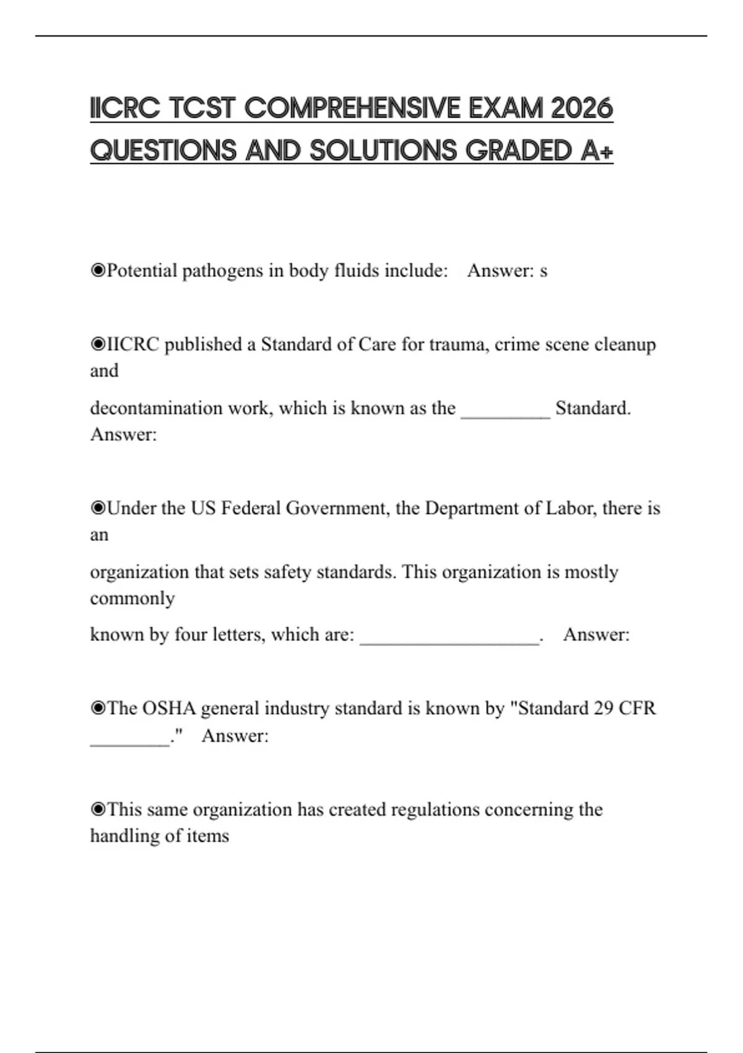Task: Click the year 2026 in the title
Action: (581, 108)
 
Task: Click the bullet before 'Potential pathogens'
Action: (98, 271)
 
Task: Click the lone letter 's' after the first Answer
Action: (544, 271)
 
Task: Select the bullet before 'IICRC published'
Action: (98, 344)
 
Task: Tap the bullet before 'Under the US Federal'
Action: (98, 509)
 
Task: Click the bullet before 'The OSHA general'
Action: (98, 708)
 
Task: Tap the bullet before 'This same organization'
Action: (98, 810)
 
